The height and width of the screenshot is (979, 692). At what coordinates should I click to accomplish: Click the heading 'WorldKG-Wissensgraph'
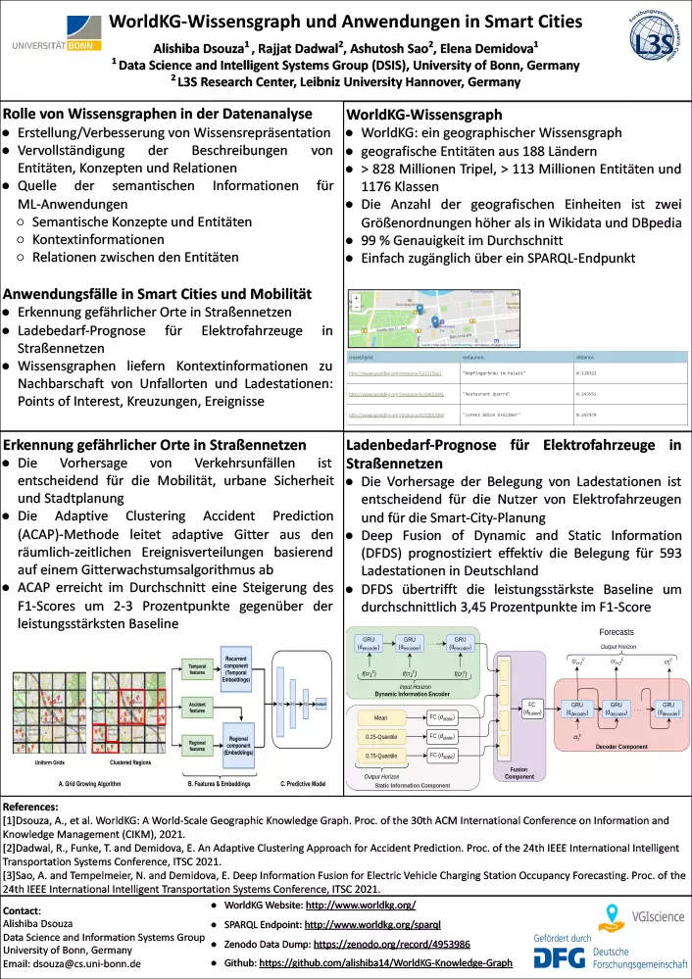[424, 115]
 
